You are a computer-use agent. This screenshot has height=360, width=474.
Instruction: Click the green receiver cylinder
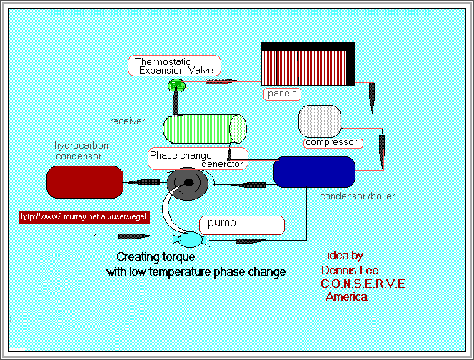point(205,129)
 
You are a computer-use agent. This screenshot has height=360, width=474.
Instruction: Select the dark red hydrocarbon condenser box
point(81,181)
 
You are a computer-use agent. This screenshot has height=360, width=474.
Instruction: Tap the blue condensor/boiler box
point(314,172)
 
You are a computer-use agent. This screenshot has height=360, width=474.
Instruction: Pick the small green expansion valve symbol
point(176,86)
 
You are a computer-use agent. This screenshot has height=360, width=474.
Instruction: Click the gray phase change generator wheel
point(188,182)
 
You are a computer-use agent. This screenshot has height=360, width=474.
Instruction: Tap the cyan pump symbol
point(191,240)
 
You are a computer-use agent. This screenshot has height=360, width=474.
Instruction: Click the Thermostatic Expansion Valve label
point(174,66)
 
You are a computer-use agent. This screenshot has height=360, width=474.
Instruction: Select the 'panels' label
point(282,94)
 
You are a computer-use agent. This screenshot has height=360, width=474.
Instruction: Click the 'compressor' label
point(331,143)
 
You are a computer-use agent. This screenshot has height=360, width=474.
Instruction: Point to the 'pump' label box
point(241,224)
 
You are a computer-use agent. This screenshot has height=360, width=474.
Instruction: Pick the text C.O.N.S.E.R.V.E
point(363,284)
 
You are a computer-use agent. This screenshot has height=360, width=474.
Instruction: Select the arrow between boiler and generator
point(243,184)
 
